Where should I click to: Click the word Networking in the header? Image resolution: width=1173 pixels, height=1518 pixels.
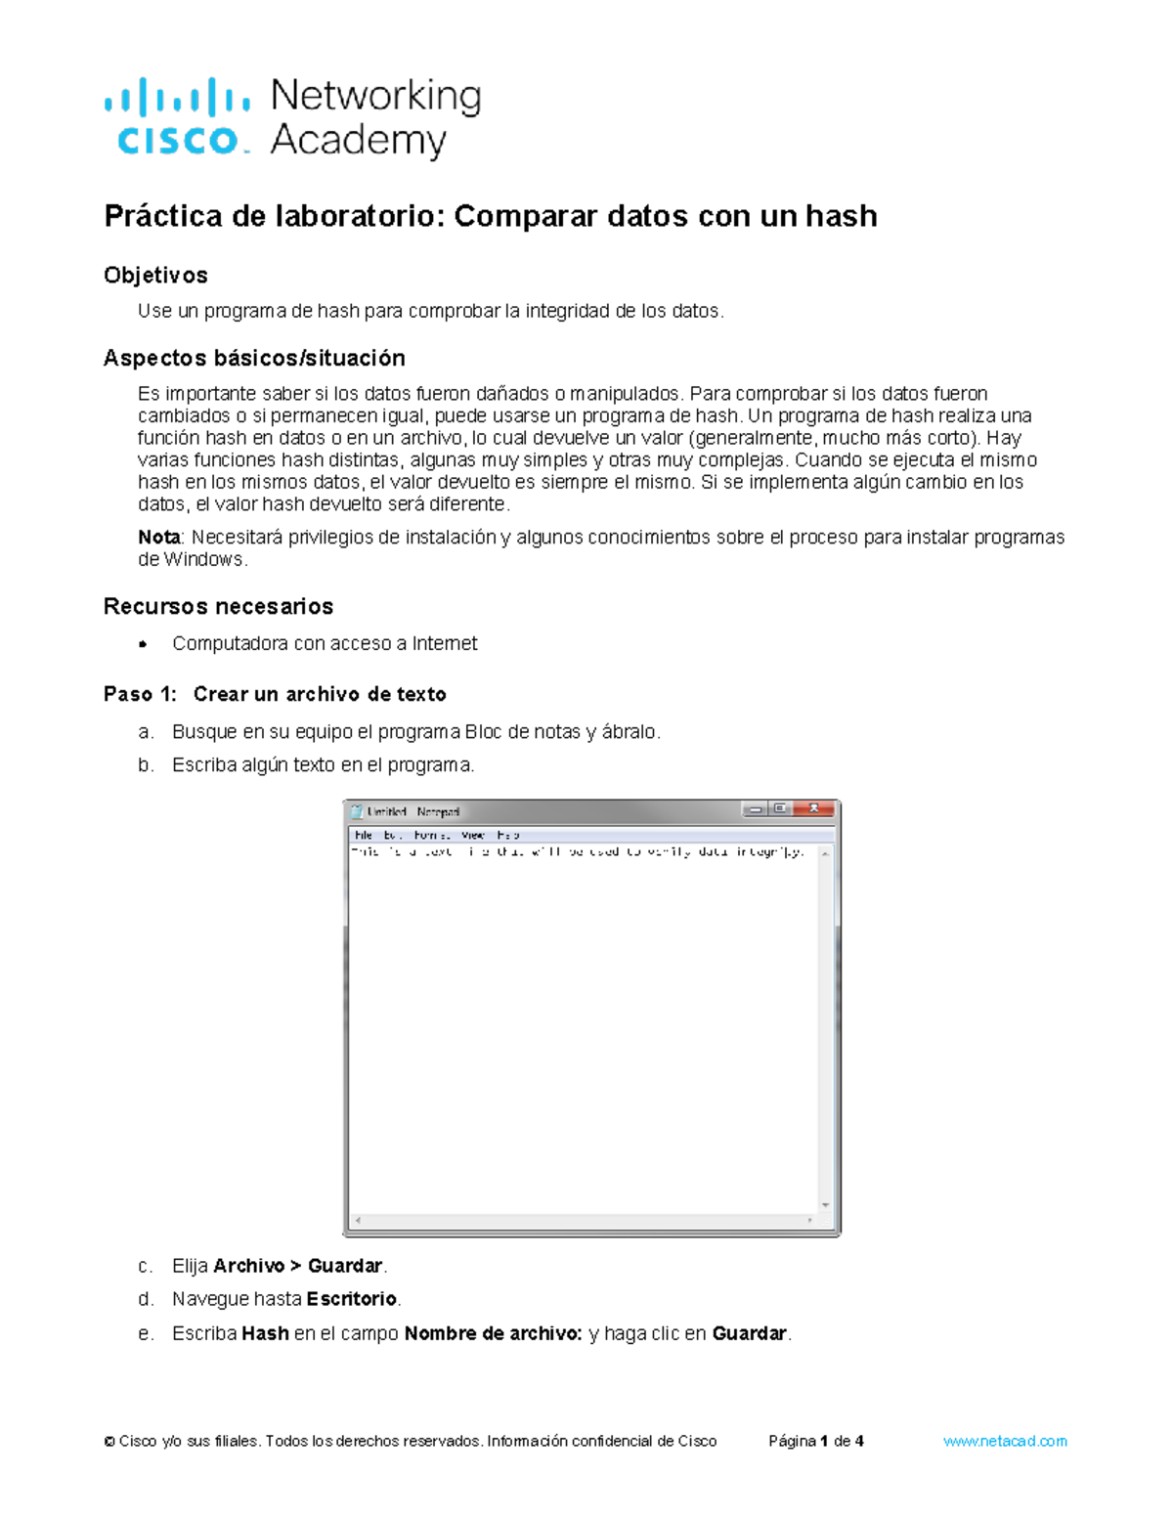(x=375, y=96)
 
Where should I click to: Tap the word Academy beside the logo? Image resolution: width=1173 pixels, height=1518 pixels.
(x=358, y=141)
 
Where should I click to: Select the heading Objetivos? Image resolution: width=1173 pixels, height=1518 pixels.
(x=155, y=276)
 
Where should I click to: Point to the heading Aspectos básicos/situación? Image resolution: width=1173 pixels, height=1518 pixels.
(x=254, y=359)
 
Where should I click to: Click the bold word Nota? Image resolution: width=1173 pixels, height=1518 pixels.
(x=158, y=538)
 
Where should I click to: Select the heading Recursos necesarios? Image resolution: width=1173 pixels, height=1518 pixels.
(x=218, y=607)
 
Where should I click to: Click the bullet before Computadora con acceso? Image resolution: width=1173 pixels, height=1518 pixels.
(x=143, y=644)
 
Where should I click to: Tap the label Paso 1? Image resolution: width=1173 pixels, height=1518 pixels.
(x=140, y=695)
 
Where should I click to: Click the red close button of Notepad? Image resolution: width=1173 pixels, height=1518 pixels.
(x=813, y=809)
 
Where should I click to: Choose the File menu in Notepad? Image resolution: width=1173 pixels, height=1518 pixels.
(x=363, y=836)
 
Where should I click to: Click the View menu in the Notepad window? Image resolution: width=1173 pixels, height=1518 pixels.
(x=473, y=836)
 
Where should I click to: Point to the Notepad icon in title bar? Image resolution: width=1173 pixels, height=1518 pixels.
(x=357, y=811)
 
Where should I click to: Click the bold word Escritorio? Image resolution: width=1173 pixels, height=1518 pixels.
(x=351, y=1299)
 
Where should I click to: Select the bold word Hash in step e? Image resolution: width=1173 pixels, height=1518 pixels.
(x=265, y=1334)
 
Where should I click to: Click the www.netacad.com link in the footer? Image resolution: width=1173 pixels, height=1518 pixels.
(x=1005, y=1442)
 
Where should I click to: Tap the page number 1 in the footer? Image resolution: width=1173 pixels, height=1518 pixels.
(x=825, y=1442)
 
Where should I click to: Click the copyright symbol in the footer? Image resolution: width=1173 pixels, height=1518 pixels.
(x=109, y=1442)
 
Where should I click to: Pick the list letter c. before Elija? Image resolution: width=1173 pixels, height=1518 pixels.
(x=145, y=1267)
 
